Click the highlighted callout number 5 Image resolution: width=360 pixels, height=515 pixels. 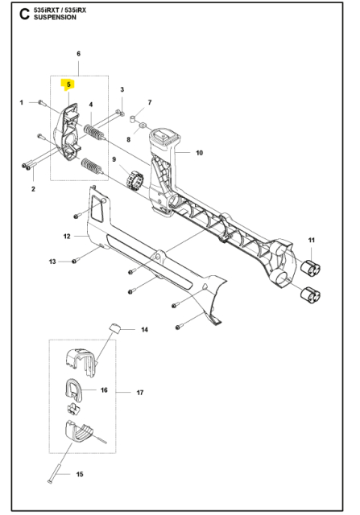pyautogui.click(x=69, y=84)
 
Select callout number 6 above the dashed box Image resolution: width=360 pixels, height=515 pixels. pyautogui.click(x=78, y=54)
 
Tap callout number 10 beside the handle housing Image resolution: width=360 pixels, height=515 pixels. pyautogui.click(x=199, y=153)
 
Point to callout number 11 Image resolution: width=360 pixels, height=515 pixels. pyautogui.click(x=312, y=240)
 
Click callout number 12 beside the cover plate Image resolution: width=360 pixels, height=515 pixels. pyautogui.click(x=68, y=237)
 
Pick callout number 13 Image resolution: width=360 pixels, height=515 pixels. pyautogui.click(x=52, y=262)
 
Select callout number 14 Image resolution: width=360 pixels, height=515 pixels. pyautogui.click(x=145, y=330)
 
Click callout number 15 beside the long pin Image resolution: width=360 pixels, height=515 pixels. pyautogui.click(x=80, y=474)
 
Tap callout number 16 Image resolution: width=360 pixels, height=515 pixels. pyautogui.click(x=104, y=389)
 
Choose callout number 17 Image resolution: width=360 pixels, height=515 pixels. pyautogui.click(x=139, y=393)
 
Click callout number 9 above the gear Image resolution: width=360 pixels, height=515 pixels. pyautogui.click(x=115, y=160)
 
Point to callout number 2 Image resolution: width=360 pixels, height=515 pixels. pyautogui.click(x=33, y=189)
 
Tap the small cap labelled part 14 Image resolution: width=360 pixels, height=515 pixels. pyautogui.click(x=116, y=326)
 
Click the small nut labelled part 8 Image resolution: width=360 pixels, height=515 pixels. pyautogui.click(x=139, y=127)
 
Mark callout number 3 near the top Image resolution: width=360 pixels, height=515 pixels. pyautogui.click(x=122, y=89)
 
